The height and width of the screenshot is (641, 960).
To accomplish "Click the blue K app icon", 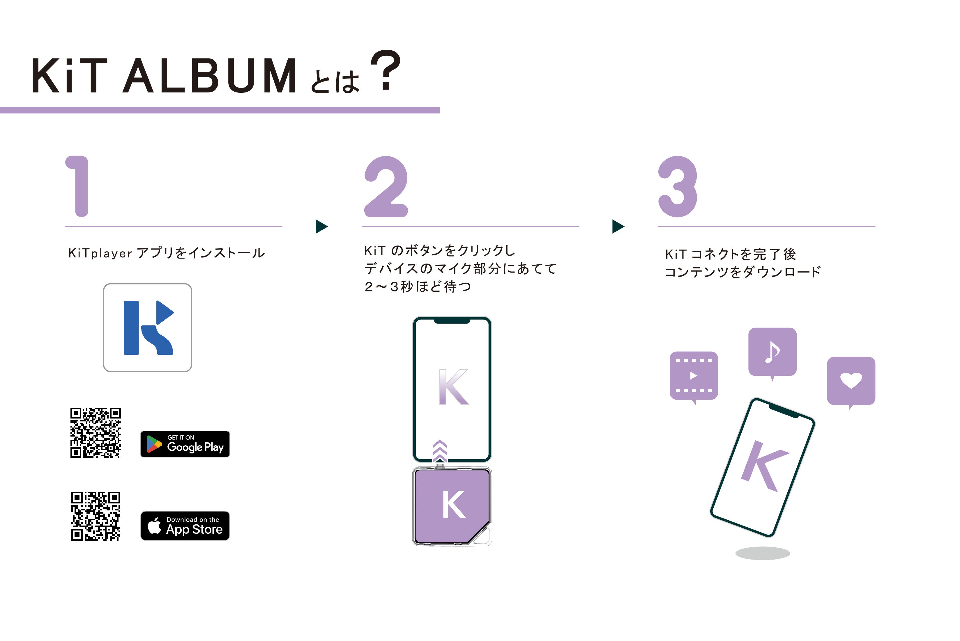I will point(147,327).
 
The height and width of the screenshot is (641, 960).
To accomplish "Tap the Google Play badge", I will point(185,444).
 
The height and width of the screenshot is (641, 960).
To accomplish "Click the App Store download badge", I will point(185,526).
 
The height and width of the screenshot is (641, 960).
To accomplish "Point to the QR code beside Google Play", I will point(95,432).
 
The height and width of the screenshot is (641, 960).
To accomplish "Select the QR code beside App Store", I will point(95,516).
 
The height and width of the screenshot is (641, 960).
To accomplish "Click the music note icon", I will point(772,352).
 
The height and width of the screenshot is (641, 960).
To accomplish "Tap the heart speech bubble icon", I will point(851,381).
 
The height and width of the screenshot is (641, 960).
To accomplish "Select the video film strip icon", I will point(694,376).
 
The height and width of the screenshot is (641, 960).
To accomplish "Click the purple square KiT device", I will point(452,506).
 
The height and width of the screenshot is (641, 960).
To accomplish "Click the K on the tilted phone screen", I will point(763,466).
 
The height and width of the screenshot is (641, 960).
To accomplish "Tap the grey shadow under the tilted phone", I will point(762,553).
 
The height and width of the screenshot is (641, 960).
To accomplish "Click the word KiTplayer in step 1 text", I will point(100,253).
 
